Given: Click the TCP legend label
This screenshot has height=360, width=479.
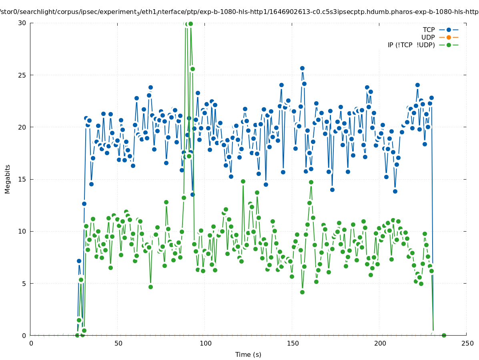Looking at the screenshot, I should tap(429, 30).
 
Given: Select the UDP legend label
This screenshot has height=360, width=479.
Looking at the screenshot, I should tap(428, 37).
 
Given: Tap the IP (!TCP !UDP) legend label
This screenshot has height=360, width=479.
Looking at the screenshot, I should tap(411, 45).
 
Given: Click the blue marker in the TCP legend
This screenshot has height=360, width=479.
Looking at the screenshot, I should tap(449, 30).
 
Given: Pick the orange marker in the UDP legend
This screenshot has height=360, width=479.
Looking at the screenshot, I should tap(449, 37).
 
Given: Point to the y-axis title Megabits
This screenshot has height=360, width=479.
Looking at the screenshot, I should tap(8, 179).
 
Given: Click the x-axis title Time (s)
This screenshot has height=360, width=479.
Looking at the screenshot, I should tap(248, 354).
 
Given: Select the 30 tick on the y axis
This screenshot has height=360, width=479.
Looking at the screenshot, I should tap(22, 23).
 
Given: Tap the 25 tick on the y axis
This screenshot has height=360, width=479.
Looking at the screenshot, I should tap(22, 75).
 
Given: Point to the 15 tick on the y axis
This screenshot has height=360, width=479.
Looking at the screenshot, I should tap(22, 179).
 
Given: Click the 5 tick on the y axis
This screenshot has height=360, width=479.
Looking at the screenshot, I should tap(24, 283).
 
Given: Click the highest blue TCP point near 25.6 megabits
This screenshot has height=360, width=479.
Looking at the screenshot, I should tap(302, 68).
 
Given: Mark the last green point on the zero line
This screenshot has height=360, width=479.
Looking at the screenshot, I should tap(444, 335).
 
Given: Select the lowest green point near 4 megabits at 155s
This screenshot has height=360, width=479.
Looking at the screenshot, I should tap(302, 292).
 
